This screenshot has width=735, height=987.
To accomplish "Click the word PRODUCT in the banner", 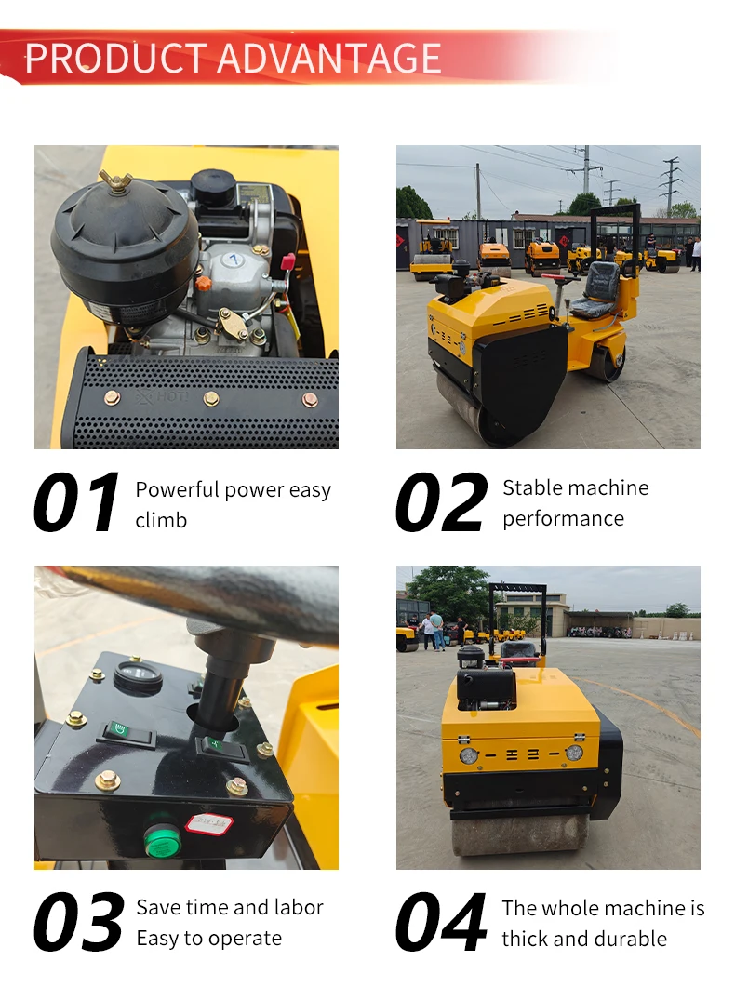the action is coord(115,59).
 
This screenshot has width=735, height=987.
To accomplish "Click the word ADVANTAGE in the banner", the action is coord(329,59).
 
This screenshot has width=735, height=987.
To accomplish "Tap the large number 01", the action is coord(76,502).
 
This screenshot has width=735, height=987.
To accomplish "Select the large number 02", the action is coord(441,502).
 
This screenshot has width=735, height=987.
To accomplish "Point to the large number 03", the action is coord(79,922).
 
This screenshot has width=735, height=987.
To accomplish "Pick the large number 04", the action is coord(441,922).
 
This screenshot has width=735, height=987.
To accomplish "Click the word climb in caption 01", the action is coord(161,520).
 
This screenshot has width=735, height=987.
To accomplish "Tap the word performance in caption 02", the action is coord(563,519).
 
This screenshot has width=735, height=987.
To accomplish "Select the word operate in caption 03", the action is coord(246,939).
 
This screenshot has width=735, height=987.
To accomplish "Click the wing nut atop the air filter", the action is coord(114,180).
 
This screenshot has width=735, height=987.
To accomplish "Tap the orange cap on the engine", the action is coord(203,283).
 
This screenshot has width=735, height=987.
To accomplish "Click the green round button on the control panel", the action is coord(163,838).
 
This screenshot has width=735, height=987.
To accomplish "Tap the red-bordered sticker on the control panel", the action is coord(209,823).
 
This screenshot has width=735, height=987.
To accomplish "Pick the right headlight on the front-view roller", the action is coord(574,753).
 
